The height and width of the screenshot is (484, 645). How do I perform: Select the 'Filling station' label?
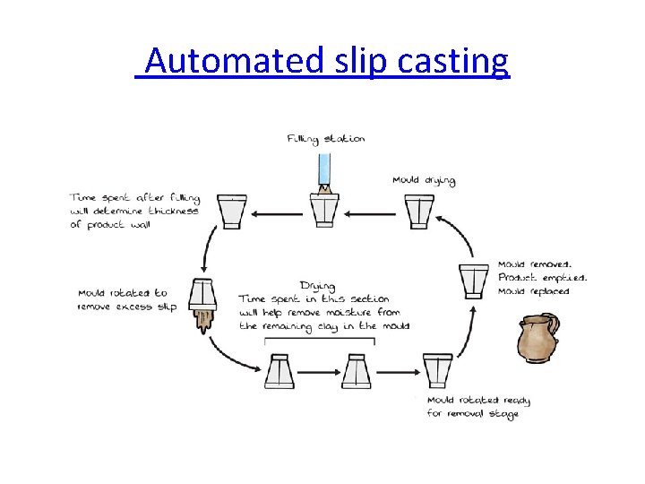326,139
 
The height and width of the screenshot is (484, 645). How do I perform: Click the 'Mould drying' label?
424,180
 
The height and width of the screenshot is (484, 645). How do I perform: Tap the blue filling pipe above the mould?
325,170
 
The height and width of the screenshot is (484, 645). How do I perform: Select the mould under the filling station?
325,210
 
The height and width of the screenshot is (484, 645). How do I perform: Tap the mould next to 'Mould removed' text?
473,281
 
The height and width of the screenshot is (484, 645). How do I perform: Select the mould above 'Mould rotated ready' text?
438,370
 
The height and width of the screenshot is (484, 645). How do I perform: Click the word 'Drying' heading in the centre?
317,286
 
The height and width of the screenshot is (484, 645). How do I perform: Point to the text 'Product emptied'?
542,278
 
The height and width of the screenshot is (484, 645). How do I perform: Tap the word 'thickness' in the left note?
174,212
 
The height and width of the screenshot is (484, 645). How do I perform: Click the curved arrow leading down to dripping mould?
207,247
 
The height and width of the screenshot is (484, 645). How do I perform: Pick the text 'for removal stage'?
472,413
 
